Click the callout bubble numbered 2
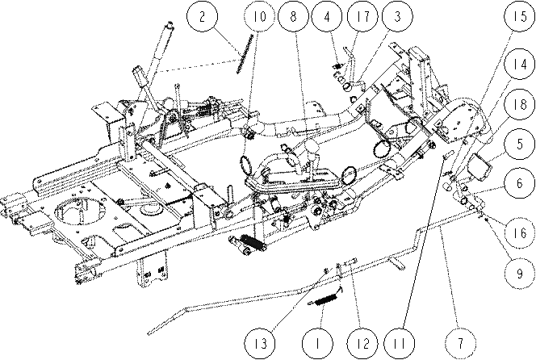coord(202,16)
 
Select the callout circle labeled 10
coord(260,16)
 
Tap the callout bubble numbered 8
coord(293,16)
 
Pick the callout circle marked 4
coord(327,16)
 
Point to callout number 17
coord(362,16)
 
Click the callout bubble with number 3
coord(397,16)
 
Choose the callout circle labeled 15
coord(520,16)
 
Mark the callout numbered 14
coord(520,64)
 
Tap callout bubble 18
coord(520,104)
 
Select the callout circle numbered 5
coord(520,144)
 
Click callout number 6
coord(520,183)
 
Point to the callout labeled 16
coord(520,232)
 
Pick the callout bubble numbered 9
coord(520,274)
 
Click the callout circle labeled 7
coord(460,343)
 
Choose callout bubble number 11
coord(399,343)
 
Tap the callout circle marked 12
coord(362,343)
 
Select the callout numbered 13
coord(260,343)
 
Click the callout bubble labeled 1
coord(317,343)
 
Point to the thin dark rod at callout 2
coord(245,53)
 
